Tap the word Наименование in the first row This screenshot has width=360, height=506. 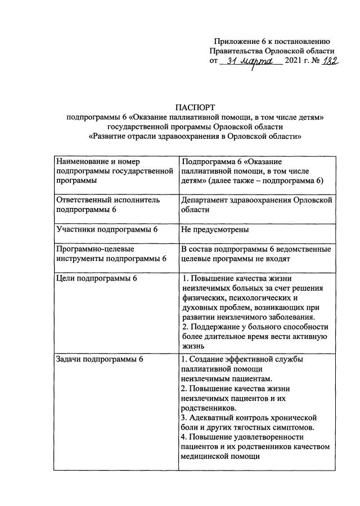point(84,161)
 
